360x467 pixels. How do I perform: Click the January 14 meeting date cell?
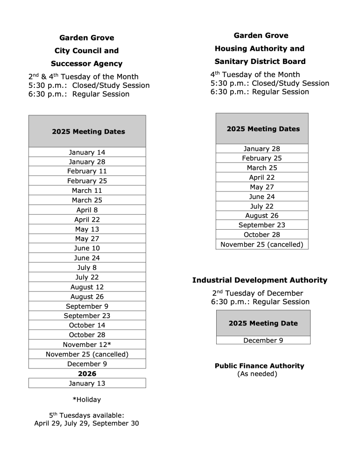click(x=87, y=152)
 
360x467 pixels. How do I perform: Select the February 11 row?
click(x=87, y=171)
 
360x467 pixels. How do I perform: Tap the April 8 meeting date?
click(x=87, y=210)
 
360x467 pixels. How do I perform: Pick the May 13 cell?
click(x=87, y=229)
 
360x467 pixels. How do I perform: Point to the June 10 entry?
click(x=87, y=248)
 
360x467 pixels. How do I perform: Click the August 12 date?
click(x=87, y=287)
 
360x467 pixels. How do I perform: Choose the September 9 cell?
click(x=87, y=306)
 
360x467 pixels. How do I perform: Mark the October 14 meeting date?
click(x=87, y=325)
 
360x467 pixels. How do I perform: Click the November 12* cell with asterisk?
click(x=87, y=345)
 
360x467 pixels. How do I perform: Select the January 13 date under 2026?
click(x=87, y=383)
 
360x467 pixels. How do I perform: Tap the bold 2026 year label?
click(x=87, y=374)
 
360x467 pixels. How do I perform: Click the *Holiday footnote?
click(x=86, y=400)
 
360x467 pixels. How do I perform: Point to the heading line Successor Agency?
click(x=86, y=64)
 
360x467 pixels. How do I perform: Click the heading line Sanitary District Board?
click(x=260, y=62)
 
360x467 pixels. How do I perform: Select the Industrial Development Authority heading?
click(x=260, y=280)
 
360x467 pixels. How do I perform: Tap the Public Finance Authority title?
click(x=259, y=366)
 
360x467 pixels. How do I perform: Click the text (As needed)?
click(x=257, y=374)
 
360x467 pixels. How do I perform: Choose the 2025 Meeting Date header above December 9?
click(x=263, y=323)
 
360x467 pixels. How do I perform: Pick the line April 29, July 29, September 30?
click(x=86, y=424)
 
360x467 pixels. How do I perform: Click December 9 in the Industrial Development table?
click(x=263, y=340)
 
